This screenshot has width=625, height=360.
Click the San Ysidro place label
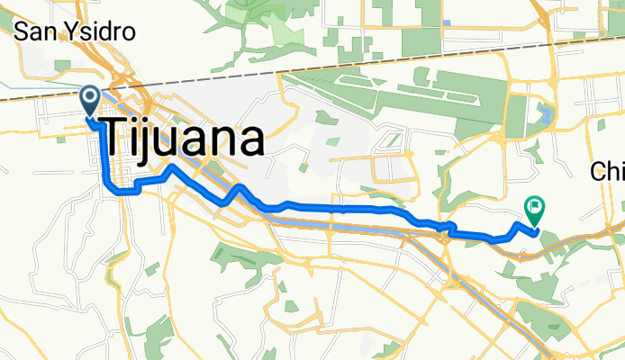tap(76, 31)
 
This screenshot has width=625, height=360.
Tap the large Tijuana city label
tap(186, 139)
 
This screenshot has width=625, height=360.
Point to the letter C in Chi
tap(598, 172)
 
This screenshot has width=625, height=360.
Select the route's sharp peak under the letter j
tap(171, 167)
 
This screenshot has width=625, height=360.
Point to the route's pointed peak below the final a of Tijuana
tap(240, 187)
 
